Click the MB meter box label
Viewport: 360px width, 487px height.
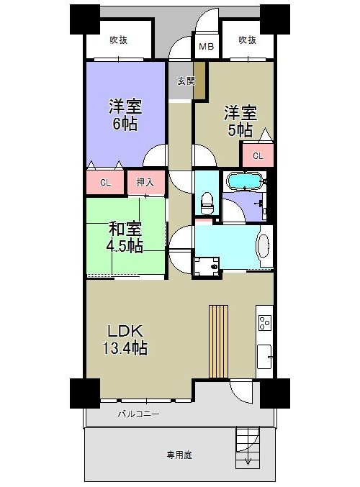(207, 47)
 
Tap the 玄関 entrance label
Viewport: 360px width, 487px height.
(186, 81)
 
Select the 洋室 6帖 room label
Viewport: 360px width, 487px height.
(125, 114)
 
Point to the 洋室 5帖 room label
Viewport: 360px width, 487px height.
(240, 122)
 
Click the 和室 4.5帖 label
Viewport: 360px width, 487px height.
(125, 237)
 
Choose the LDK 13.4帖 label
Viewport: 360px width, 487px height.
(125, 340)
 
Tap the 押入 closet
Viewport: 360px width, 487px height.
(145, 182)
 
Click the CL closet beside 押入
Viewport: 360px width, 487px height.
(105, 183)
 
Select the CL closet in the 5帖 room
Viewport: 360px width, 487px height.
(258, 155)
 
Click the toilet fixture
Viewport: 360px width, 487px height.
(207, 203)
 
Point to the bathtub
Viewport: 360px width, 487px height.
(244, 181)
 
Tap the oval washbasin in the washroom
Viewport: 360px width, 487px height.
(263, 246)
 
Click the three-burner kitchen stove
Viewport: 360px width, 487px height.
(265, 323)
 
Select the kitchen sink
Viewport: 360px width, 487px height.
(264, 357)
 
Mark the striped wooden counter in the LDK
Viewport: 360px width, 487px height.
(218, 342)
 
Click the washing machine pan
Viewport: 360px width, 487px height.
(207, 266)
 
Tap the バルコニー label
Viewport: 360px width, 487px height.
(139, 414)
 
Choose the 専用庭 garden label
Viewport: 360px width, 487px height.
(179, 455)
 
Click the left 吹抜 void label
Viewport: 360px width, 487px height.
(119, 40)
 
